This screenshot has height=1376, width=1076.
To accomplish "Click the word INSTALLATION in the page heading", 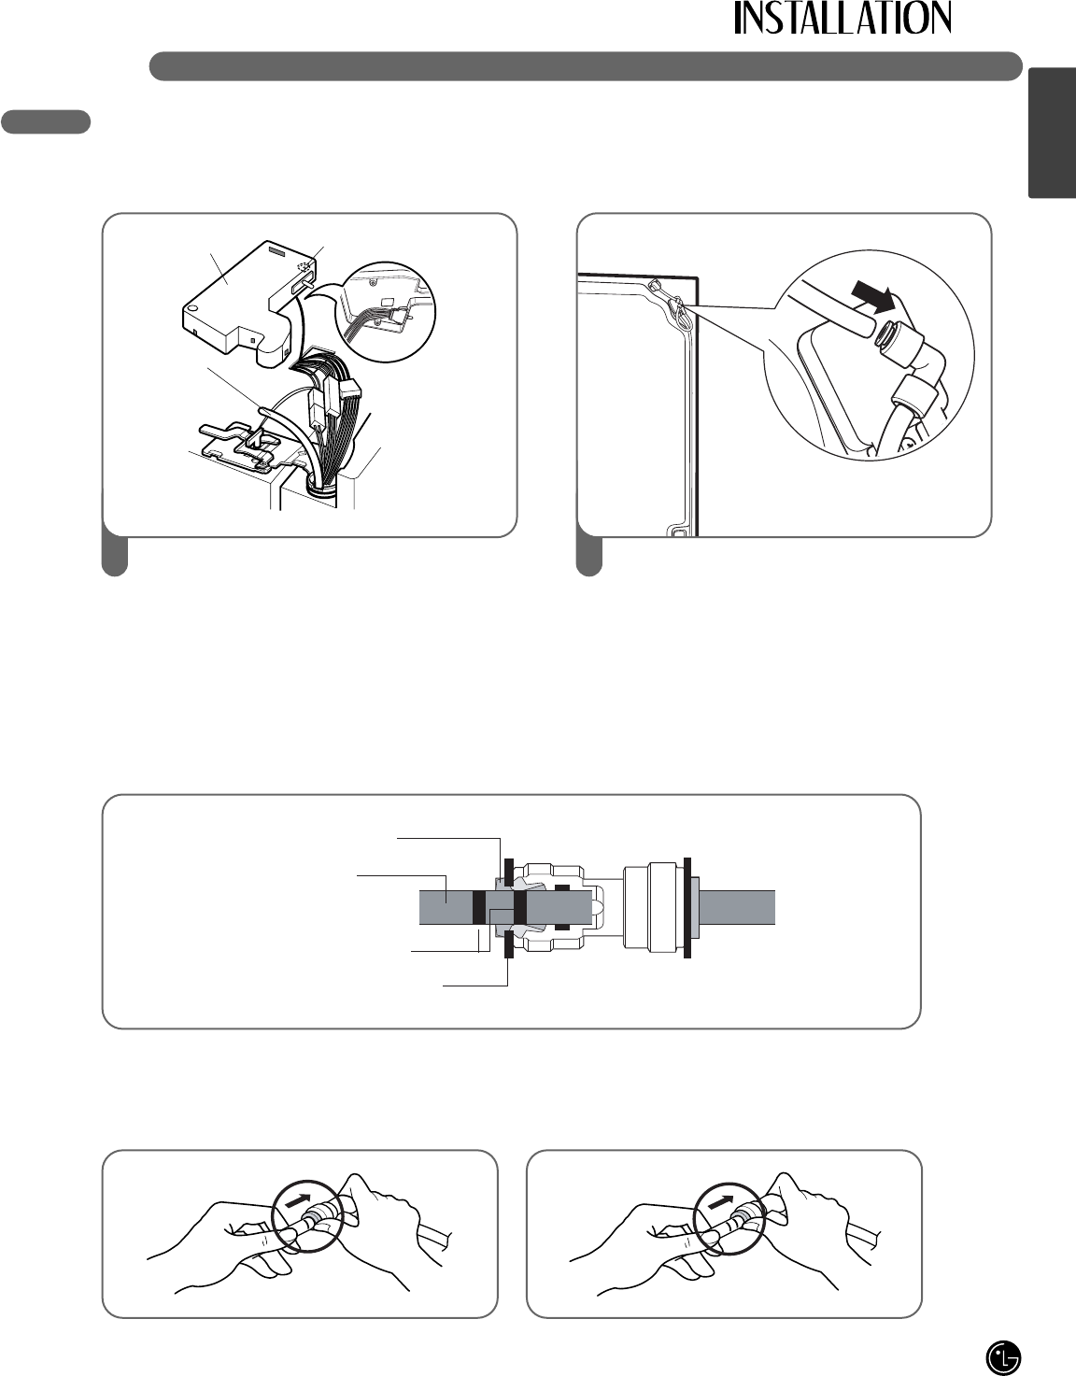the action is pos(842,19).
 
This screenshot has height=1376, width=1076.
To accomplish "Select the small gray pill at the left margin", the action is pos(46,121).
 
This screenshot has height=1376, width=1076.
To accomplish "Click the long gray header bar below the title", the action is pos(587,65).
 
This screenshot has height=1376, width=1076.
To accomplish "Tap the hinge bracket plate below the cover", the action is pos(241,447).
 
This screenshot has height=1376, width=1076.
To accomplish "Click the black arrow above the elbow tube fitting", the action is pos(873,295).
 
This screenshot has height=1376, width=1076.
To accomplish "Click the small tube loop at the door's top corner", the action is pos(679,310).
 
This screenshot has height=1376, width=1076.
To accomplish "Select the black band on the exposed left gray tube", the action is pos(478,907).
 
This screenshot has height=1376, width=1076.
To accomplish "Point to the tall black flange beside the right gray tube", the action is pos(687,907).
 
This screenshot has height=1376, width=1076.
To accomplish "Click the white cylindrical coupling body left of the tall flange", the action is pos(653,907).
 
